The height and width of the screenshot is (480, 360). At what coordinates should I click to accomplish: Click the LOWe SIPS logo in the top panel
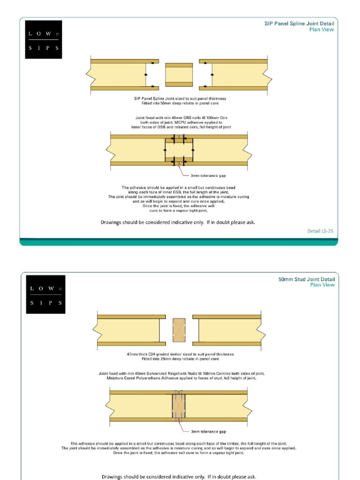(x=43, y=39)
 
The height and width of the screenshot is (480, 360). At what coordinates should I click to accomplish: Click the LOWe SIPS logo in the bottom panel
(x=45, y=294)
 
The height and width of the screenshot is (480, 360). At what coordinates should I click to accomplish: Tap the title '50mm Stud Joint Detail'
(x=307, y=279)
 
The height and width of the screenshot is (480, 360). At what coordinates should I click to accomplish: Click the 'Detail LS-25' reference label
(x=320, y=231)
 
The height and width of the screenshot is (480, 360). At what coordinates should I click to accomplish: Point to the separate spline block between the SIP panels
(x=179, y=75)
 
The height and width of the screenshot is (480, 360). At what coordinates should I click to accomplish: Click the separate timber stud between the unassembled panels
(x=179, y=330)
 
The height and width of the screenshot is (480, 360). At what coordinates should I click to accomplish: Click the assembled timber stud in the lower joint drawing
(x=179, y=406)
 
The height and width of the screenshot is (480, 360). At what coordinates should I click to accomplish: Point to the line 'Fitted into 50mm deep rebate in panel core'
(x=180, y=103)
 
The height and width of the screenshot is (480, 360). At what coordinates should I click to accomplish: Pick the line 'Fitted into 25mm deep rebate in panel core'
(x=180, y=359)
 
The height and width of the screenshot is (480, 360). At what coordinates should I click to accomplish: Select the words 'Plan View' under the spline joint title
(x=322, y=29)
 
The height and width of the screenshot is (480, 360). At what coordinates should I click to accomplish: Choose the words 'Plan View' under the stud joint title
(x=322, y=285)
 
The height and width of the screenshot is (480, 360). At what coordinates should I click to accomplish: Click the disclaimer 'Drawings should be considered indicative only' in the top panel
(x=178, y=222)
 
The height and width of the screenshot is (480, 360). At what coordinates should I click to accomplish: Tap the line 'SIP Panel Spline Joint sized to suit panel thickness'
(x=180, y=98)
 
